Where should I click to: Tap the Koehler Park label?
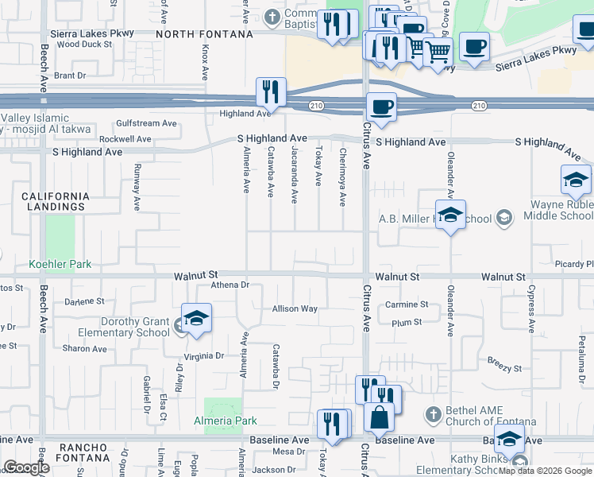[x=60, y=264]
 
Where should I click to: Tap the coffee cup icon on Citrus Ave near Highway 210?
[x=381, y=107]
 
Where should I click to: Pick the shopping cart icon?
[x=438, y=52]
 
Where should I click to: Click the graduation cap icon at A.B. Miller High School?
[x=450, y=215]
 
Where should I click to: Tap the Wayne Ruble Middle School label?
[x=561, y=210]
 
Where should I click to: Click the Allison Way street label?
[x=295, y=308]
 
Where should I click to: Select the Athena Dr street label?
[x=230, y=285]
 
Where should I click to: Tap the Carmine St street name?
[x=407, y=304]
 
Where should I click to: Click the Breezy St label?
[x=504, y=369]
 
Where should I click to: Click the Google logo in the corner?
[x=26, y=468]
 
